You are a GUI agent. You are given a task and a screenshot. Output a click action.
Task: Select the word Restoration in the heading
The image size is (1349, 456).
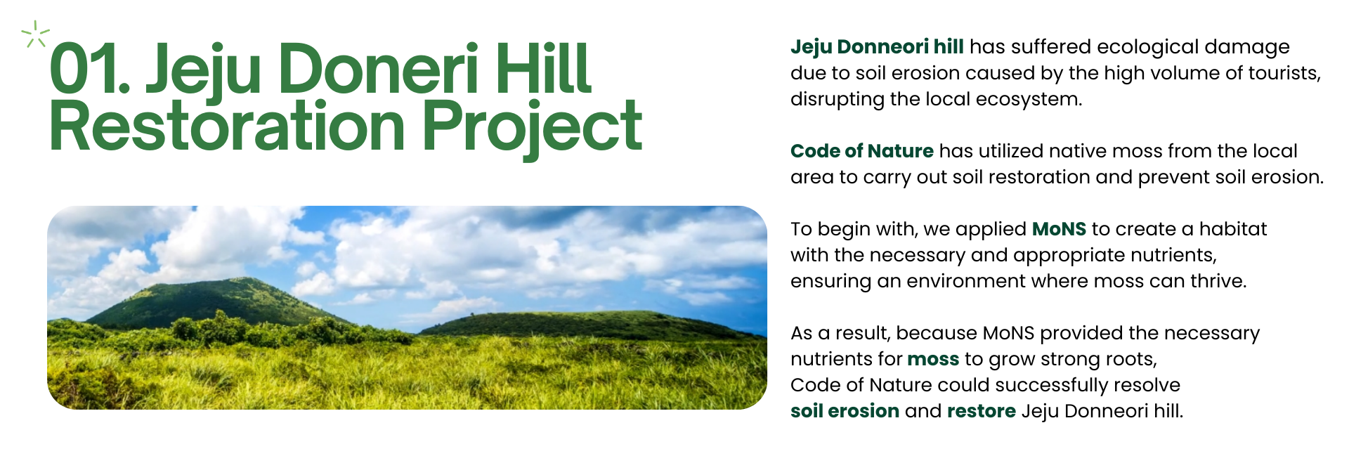point(227,126)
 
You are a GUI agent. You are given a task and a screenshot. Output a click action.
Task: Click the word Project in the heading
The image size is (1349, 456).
point(531,129)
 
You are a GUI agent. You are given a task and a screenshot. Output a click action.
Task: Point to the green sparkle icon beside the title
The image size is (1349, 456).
point(35,34)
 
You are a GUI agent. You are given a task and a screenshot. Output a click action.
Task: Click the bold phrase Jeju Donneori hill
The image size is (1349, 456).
point(877,46)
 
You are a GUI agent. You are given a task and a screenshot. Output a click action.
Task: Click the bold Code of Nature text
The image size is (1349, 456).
point(862,151)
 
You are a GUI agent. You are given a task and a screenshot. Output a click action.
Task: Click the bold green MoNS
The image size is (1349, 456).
point(1059,229)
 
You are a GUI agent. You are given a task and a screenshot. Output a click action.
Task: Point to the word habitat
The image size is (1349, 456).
point(1233,229)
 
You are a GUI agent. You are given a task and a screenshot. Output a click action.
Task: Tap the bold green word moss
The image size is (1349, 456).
point(933,360)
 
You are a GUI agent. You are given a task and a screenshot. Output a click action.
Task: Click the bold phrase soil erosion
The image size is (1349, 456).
point(845,411)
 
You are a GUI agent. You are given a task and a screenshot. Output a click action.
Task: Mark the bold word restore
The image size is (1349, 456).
point(982,412)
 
